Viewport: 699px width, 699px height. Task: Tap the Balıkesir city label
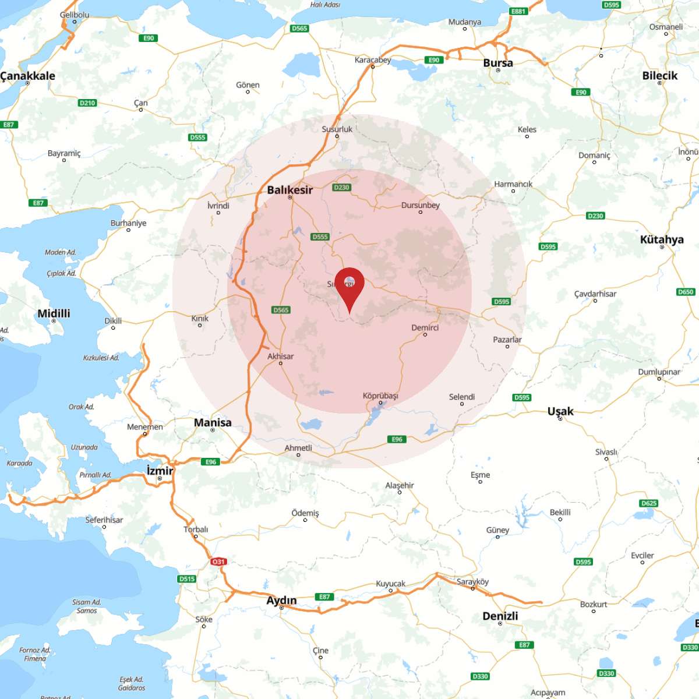[290, 190]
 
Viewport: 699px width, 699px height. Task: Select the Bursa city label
[498, 63]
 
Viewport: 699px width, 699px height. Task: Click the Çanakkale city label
[28, 76]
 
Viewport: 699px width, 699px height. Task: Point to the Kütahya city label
[662, 239]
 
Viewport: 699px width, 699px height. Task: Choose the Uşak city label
[560, 411]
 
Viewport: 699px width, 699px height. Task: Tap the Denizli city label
[500, 616]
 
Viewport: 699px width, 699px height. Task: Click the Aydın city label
[281, 601]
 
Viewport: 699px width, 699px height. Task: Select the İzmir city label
[160, 471]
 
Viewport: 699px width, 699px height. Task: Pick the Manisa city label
[213, 423]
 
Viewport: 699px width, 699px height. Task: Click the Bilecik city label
[660, 76]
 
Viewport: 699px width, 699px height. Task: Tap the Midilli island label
[54, 314]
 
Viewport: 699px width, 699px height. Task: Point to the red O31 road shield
[218, 562]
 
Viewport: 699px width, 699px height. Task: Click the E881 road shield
[518, 11]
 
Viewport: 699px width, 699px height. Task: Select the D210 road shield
[87, 103]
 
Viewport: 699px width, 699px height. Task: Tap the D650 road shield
[686, 292]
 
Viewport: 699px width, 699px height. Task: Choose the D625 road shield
[649, 503]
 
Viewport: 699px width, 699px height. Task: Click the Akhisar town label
[280, 356]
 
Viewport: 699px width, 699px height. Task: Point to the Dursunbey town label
[420, 205]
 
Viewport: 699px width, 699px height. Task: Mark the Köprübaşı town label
[380, 396]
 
